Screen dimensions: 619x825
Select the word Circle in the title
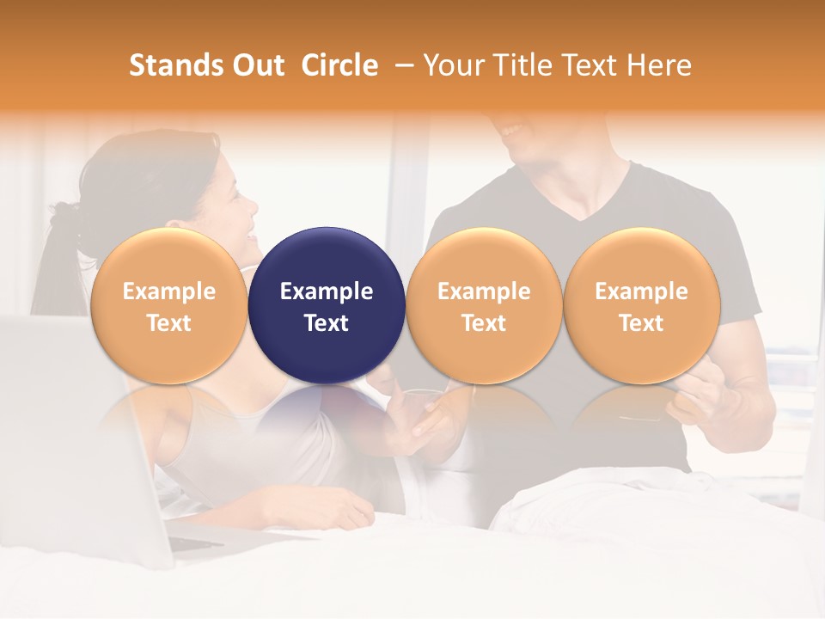pyautogui.click(x=339, y=65)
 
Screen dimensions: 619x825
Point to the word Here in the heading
pyautogui.click(x=660, y=65)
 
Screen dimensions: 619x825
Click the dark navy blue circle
pyautogui.click(x=327, y=305)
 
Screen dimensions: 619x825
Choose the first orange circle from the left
pyautogui.click(x=168, y=305)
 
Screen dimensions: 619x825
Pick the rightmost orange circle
pyautogui.click(x=641, y=305)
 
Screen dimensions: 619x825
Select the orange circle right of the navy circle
pyautogui.click(x=484, y=305)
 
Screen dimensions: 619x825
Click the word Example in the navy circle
pyautogui.click(x=327, y=291)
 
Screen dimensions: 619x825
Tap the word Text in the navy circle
pyautogui.click(x=327, y=323)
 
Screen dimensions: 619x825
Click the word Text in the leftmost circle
pyautogui.click(x=168, y=323)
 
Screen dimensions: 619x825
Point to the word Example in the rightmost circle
pyautogui.click(x=641, y=291)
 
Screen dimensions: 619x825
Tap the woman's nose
pyautogui.click(x=251, y=206)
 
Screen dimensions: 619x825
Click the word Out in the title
pyautogui.click(x=256, y=65)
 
